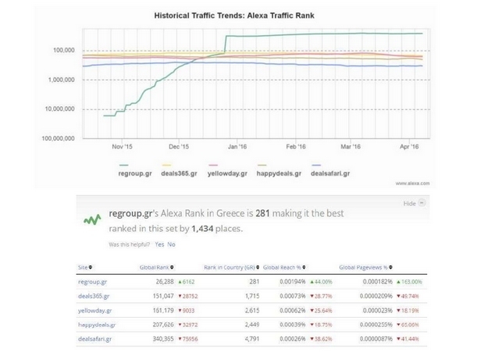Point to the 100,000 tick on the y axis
59,51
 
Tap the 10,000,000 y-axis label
55,109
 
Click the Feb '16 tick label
296,146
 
